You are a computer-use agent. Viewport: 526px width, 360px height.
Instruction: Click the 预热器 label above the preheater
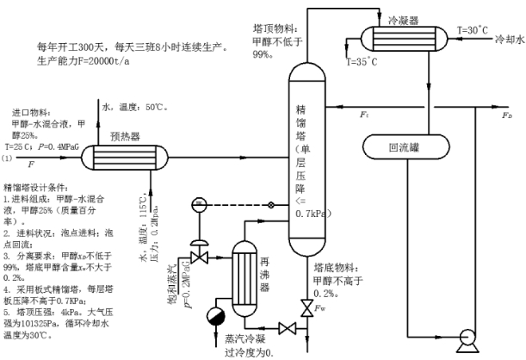[127, 136]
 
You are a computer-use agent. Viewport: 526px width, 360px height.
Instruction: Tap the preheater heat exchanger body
[126, 159]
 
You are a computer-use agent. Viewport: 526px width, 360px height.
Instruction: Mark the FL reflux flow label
[365, 114]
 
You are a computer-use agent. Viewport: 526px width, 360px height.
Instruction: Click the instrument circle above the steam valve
[199, 203]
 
